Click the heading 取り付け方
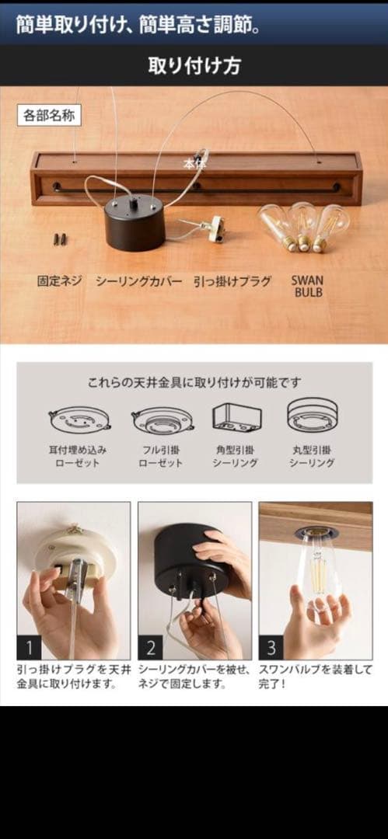[x=194, y=65]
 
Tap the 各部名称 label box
[x=49, y=115]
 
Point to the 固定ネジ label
[x=59, y=281]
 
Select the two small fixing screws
[x=58, y=238]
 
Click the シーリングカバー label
[x=138, y=281]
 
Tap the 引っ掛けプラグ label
[x=232, y=281]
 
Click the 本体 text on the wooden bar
[x=194, y=164]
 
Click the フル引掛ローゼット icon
[x=162, y=420]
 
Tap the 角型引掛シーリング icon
[x=236, y=417]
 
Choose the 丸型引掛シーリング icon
[x=313, y=416]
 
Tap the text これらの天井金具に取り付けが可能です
[x=194, y=382]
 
